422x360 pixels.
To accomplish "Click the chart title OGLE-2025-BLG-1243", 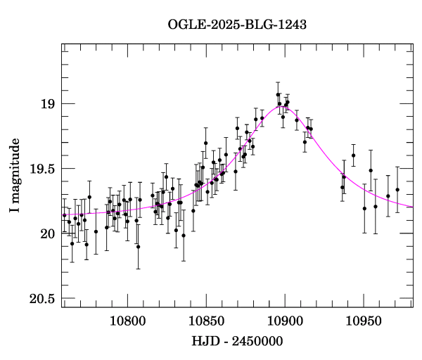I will coord(237,25).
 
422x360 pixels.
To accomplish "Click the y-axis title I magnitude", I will coord(15,176).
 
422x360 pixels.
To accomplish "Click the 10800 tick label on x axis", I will coord(128,321).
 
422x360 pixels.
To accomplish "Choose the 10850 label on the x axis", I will coord(206,321).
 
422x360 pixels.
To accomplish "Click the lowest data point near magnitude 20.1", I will coord(138,247).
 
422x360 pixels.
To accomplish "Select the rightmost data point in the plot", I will coord(397,190).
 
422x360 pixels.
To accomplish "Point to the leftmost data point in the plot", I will coord(64,215).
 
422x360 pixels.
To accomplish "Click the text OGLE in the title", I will coord(184,25).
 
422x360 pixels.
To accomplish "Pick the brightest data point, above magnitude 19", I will coord(278,94).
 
